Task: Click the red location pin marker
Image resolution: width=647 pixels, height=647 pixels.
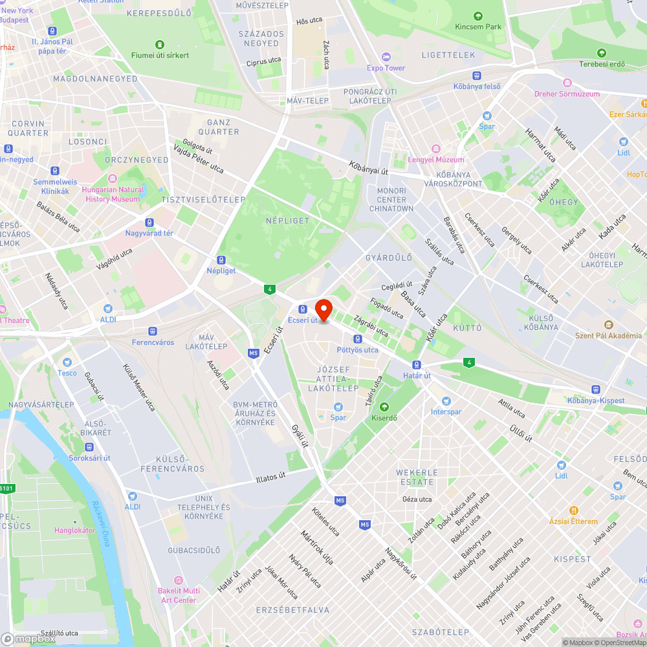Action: point(323,309)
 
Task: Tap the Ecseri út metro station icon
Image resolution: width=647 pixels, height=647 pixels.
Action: point(302,309)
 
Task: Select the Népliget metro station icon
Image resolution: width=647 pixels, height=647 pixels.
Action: point(221,259)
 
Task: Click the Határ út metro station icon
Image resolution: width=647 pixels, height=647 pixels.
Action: point(417,365)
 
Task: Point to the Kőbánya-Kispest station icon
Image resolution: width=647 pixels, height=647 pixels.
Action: point(596,389)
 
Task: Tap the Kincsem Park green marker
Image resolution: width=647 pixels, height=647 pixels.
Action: point(477,16)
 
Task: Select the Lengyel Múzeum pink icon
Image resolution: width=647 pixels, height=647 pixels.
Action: point(436,149)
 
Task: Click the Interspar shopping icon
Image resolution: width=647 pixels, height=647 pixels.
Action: point(446,401)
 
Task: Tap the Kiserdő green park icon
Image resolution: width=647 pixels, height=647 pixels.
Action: point(384,407)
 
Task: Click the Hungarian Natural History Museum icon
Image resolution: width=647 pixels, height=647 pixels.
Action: point(113,179)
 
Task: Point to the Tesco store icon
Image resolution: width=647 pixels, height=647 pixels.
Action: point(66,362)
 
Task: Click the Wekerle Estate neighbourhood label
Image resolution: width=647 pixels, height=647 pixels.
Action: point(417,477)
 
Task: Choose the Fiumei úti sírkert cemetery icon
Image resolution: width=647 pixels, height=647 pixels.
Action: point(159,45)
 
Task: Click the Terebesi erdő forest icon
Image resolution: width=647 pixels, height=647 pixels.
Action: point(602,53)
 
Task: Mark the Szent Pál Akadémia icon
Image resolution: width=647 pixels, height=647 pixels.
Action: point(608,325)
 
